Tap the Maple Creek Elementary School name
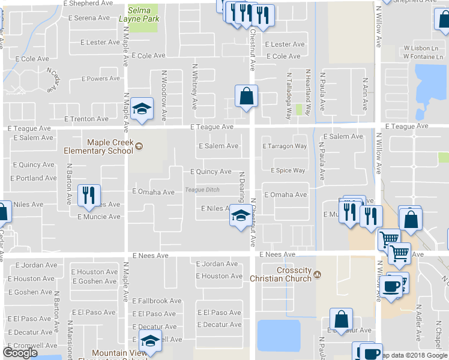(100, 146)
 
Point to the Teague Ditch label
(202, 190)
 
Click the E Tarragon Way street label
(285, 146)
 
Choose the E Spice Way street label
(288, 170)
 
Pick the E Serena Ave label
(89, 18)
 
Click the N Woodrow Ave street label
(164, 96)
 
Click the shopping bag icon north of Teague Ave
(246, 96)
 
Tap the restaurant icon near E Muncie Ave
(89, 194)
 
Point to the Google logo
(20, 352)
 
